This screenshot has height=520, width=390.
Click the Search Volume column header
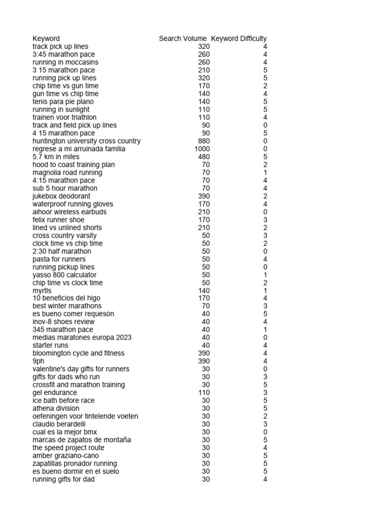(x=182, y=39)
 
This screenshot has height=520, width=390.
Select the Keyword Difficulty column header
(x=239, y=39)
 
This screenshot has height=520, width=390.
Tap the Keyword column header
(x=46, y=39)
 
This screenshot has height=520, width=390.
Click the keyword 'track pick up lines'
(x=60, y=47)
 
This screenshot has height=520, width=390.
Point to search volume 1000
(x=202, y=149)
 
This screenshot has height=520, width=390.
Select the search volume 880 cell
(x=204, y=141)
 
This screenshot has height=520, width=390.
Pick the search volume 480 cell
(x=204, y=157)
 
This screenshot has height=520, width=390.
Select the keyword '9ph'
(x=39, y=362)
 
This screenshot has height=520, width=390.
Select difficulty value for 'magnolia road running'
(x=265, y=173)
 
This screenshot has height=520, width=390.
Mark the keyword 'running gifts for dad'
(x=63, y=479)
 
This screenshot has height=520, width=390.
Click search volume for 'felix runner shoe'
(x=204, y=220)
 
